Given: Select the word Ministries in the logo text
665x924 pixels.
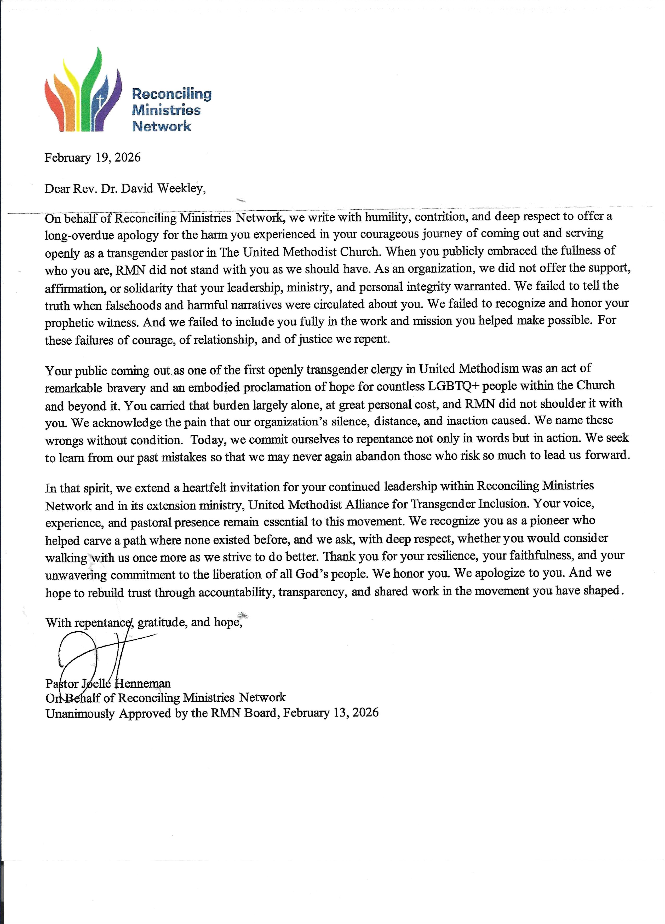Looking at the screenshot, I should pyautogui.click(x=166, y=110).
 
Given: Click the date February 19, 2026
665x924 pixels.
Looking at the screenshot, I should pyautogui.click(x=93, y=158).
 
